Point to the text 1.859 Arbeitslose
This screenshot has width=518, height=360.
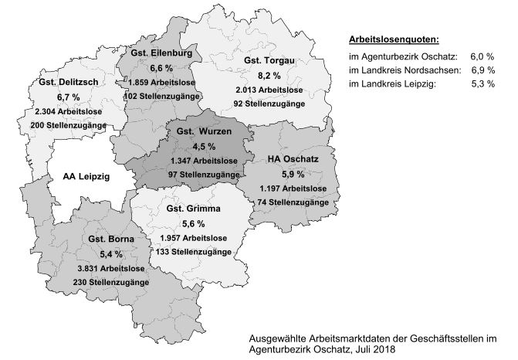tap(162, 82)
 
